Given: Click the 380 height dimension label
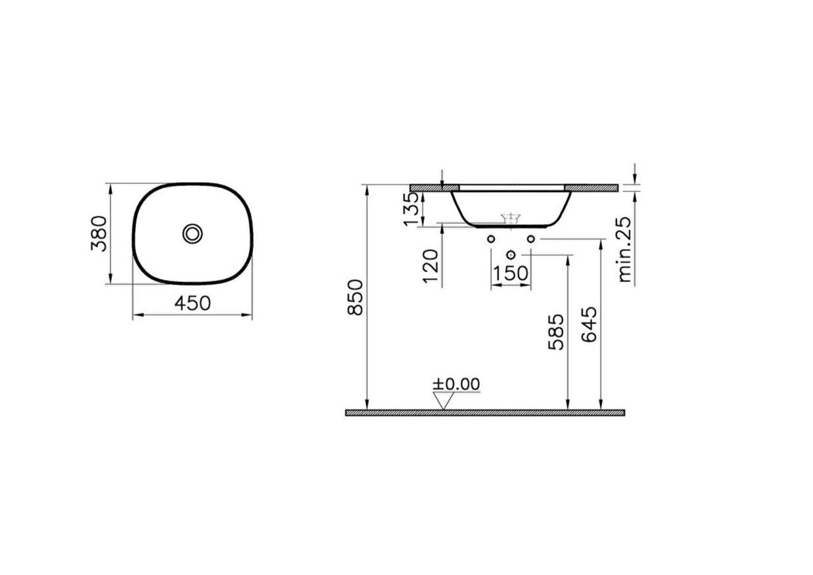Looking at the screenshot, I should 99,233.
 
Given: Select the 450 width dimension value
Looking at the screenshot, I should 192,303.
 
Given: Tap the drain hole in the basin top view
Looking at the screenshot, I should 193,233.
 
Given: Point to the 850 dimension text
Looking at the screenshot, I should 356,297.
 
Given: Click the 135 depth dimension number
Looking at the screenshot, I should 411,209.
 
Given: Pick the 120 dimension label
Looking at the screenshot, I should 430,265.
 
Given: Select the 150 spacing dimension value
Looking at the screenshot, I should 511,273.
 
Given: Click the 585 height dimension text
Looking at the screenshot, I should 556,332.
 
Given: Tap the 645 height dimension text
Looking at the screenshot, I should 590,325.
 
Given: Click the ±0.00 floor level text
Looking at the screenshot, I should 455,384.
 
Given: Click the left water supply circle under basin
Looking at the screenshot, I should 491,239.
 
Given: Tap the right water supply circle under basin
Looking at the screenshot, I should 530,239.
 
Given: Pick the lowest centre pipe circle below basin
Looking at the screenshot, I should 511,254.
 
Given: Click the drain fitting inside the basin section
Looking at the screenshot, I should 511,218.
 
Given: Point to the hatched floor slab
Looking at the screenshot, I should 484,413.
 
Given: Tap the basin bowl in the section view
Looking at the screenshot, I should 510,205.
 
